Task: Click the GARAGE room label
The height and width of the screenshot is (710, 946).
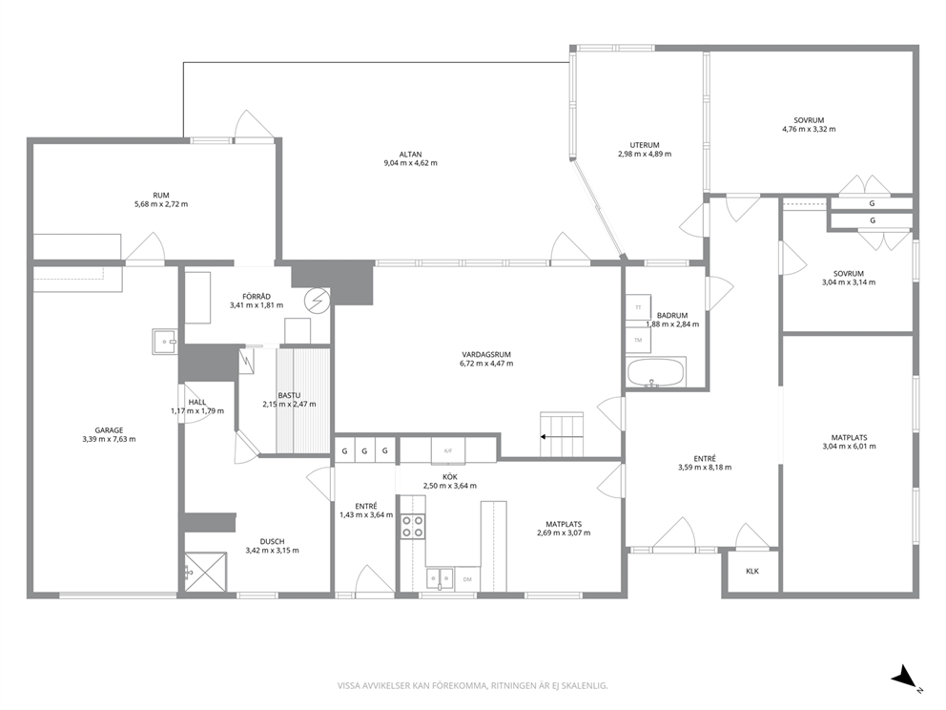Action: coord(109,430)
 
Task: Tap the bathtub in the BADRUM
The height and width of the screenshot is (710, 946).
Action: coord(656,372)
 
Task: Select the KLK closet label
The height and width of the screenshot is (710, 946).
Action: coord(752,571)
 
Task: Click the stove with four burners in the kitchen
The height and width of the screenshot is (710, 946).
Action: coord(413,527)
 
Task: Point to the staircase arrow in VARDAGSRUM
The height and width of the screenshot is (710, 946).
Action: coord(562,436)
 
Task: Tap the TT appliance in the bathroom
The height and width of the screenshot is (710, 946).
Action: coord(638,307)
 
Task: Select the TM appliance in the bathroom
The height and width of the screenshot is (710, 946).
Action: coord(638,340)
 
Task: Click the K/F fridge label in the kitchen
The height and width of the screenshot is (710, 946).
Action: coord(447,450)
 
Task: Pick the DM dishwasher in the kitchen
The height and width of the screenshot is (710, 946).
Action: coord(467,579)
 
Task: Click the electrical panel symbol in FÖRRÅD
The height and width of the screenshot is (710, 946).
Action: coord(318,300)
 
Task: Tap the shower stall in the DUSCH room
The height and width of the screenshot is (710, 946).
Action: coord(206,572)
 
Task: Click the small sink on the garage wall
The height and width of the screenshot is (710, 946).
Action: coord(163,342)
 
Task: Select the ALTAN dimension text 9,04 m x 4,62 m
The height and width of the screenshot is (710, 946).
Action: coord(410,163)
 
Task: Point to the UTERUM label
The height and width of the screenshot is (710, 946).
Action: coord(645,145)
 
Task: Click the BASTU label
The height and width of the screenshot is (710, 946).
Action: coord(289,395)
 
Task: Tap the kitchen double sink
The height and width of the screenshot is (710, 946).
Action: coord(440,578)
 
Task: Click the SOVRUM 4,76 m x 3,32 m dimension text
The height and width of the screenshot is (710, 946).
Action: coord(809,129)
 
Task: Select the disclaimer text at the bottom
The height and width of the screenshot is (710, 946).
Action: coord(472,686)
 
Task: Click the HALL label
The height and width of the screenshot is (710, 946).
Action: coord(197,402)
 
